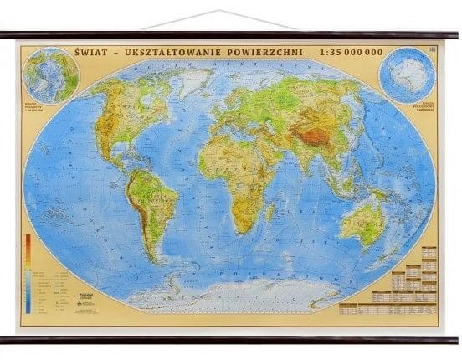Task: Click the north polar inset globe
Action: (x=52, y=75)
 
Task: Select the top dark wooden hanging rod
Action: (x=231, y=35)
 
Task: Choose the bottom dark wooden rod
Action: (x=231, y=339)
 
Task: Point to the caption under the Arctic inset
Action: (x=52, y=110)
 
